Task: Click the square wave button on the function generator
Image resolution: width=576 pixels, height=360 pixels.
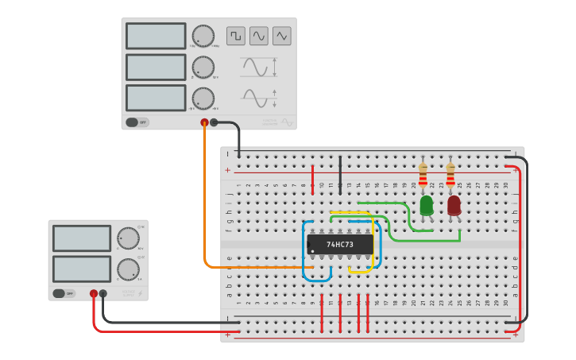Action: click(x=236, y=36)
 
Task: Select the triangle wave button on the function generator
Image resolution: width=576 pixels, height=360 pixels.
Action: click(x=282, y=36)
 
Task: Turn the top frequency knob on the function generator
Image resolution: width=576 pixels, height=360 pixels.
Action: click(x=203, y=36)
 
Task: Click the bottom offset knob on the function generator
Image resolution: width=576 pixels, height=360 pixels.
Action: click(x=203, y=99)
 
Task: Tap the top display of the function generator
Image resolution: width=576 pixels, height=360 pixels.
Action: click(x=156, y=36)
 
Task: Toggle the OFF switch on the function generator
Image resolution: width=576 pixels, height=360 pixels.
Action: click(x=137, y=122)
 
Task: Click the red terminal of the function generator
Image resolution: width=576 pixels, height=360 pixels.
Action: click(x=204, y=122)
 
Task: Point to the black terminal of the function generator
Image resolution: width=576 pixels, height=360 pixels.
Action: click(x=214, y=122)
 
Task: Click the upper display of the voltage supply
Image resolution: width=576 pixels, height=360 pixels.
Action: click(x=82, y=238)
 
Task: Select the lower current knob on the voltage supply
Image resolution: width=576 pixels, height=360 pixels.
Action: click(x=128, y=269)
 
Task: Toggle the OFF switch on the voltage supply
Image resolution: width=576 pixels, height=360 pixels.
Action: click(x=64, y=293)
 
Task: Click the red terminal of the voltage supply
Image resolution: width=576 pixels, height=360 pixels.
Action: click(x=94, y=293)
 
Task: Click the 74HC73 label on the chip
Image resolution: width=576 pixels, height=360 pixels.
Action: click(x=340, y=245)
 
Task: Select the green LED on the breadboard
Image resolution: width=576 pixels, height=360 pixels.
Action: click(x=427, y=205)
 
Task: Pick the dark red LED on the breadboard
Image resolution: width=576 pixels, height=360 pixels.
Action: click(x=454, y=205)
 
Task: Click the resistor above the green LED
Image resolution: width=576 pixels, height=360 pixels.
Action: click(x=423, y=173)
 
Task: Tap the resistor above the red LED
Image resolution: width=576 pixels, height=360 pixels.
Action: click(x=450, y=173)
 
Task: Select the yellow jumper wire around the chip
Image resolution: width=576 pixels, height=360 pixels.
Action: click(x=371, y=246)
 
